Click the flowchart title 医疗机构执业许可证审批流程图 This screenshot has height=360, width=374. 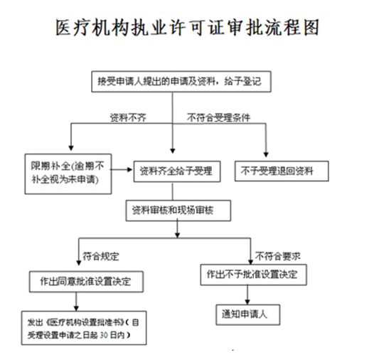pos(187,28)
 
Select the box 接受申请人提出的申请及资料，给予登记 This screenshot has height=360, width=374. pos(181,81)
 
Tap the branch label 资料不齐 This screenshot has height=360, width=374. pos(128,117)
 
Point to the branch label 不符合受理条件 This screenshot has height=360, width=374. pos(219,117)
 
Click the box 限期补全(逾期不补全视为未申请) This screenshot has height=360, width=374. pos(68,174)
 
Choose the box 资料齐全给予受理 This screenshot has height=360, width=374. pos(177,171)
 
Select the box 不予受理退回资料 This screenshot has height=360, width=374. pos(282,171)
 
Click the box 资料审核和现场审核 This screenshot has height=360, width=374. pos(178,211)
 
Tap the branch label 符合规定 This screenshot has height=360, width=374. pos(101,256)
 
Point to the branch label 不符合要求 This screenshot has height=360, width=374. pos(277,256)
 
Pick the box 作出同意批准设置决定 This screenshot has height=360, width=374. pos(86,282)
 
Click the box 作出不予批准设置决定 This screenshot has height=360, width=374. pos(253,275)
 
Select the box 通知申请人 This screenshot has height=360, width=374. pos(248,314)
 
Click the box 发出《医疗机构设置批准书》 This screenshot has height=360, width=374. pos(84,328)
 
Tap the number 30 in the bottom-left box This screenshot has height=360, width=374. pos(104,335)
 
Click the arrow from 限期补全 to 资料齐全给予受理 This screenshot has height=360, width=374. pos(122,170)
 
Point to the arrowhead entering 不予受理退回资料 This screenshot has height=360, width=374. pos(266,154)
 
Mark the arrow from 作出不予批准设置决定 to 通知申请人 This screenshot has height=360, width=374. pos(247,295)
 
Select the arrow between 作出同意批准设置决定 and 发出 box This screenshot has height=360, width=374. pos(76,302)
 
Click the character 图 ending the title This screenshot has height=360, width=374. pos(311,28)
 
